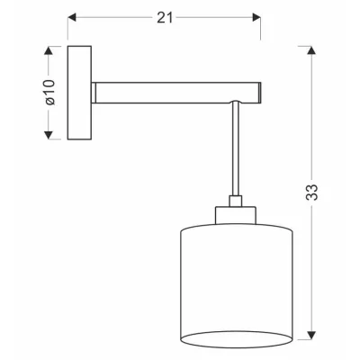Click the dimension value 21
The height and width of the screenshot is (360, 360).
pyautogui.click(x=163, y=17)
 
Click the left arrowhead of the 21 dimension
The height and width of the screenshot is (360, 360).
pyautogui.click(x=73, y=18)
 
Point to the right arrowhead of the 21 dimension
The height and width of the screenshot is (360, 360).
pyautogui.click(x=256, y=18)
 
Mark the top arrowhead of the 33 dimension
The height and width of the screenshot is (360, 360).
pyautogui.click(x=312, y=50)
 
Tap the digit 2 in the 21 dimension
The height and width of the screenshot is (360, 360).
pyautogui.click(x=158, y=17)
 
